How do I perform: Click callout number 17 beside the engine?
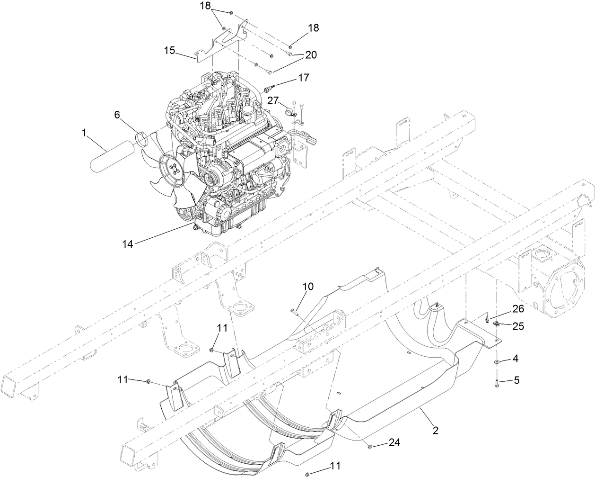303,77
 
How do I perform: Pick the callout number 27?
272,100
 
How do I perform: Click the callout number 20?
311,55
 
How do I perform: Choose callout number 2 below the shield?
435,431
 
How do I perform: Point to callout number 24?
394,442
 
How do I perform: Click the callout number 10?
308,287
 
